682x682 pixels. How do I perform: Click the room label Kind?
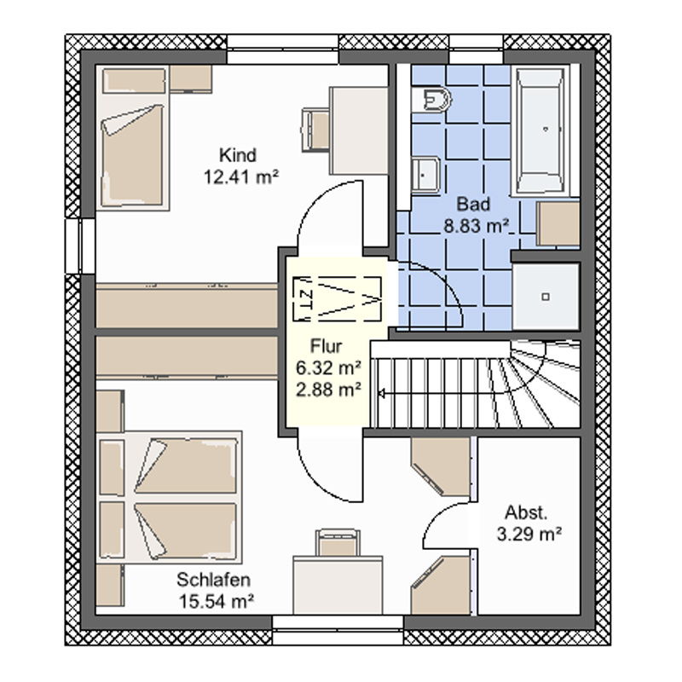(238, 155)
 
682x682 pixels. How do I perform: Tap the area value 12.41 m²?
(241, 177)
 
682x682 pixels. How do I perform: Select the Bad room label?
(474, 204)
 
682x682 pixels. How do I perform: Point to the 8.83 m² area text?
(476, 226)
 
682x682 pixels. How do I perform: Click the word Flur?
(327, 346)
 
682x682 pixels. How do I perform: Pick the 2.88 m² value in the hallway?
(328, 390)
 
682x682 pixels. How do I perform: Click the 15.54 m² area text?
(217, 602)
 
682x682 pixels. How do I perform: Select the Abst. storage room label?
(526, 513)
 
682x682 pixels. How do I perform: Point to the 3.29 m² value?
(529, 535)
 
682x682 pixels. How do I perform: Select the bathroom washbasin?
(425, 174)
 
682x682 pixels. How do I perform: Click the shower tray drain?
(546, 297)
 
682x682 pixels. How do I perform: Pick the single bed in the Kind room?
(132, 138)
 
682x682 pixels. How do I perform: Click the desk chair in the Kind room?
(315, 130)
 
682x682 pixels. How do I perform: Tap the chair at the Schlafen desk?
(338, 542)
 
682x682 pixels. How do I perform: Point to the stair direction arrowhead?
(381, 394)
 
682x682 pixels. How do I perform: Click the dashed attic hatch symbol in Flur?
(337, 299)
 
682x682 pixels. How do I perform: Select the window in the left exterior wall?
(80, 246)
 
